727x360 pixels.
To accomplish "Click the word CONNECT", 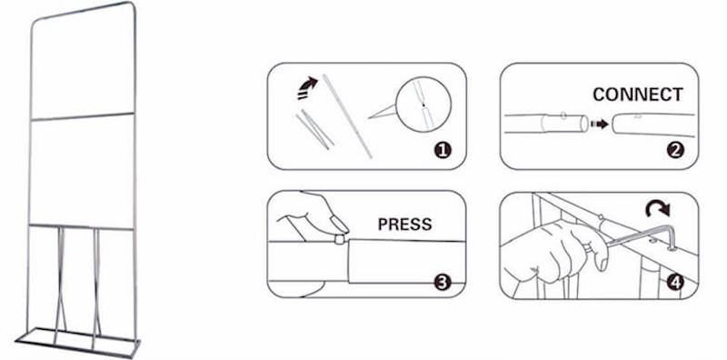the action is click(638, 95).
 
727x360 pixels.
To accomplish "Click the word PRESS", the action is click(404, 225).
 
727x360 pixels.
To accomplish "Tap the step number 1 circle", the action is click(443, 150).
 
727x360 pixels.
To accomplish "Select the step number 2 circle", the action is click(675, 150).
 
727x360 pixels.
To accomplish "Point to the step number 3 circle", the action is click(442, 283).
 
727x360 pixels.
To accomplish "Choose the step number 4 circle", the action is click(675, 283).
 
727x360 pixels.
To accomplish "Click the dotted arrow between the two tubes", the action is click(600, 125).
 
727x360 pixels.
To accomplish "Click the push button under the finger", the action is click(340, 238).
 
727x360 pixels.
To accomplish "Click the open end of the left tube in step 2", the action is click(584, 124).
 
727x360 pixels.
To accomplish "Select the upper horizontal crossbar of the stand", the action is click(82, 116).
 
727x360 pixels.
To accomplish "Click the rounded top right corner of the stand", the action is click(133, 7).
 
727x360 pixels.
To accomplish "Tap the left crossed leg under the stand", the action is click(60, 285).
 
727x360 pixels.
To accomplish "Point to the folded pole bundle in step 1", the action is click(314, 129).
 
